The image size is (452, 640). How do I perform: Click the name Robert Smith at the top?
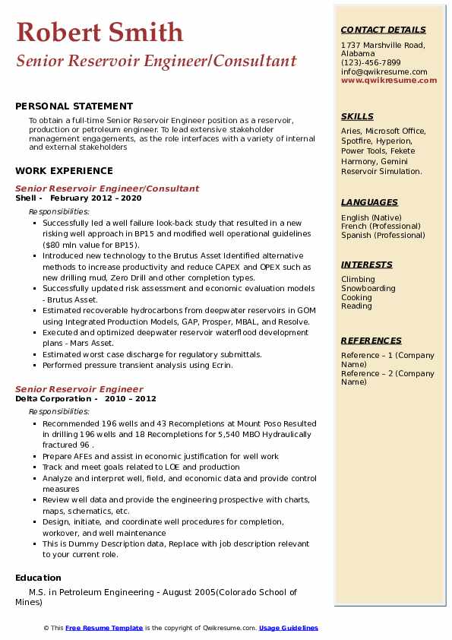100,33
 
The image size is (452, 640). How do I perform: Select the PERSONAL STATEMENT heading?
74,106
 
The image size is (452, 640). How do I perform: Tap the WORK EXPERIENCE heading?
64,171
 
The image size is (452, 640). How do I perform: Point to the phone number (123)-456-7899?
371,62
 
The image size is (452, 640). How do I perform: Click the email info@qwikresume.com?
384,71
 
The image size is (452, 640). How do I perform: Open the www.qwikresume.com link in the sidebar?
384,80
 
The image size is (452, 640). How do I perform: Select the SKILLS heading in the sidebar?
357,116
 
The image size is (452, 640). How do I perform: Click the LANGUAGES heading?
369,202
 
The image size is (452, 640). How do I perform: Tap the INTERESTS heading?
367,265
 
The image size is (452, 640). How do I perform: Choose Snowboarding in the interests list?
368,289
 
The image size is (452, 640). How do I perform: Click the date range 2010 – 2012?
130,398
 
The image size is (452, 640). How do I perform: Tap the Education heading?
38,578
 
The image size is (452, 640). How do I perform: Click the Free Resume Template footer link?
104,629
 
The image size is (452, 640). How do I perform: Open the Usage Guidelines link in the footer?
288,629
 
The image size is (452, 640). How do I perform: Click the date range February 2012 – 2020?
96,198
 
